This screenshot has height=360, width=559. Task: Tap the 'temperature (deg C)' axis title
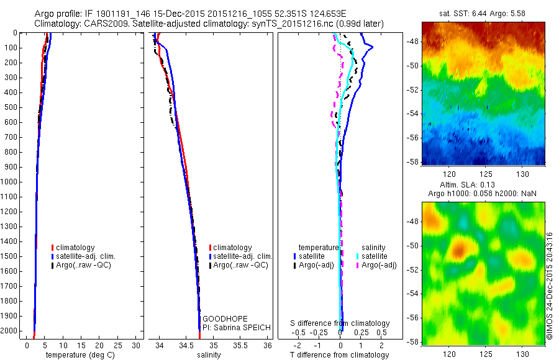coord(78,355)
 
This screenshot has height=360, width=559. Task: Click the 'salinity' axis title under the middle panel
coord(209,355)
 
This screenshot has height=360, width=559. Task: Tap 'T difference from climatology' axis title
coord(340,355)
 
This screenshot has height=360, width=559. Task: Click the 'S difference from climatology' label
coord(340,323)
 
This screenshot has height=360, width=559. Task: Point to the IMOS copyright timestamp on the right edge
coord(549,286)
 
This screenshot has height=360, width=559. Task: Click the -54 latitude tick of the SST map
coord(413,114)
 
